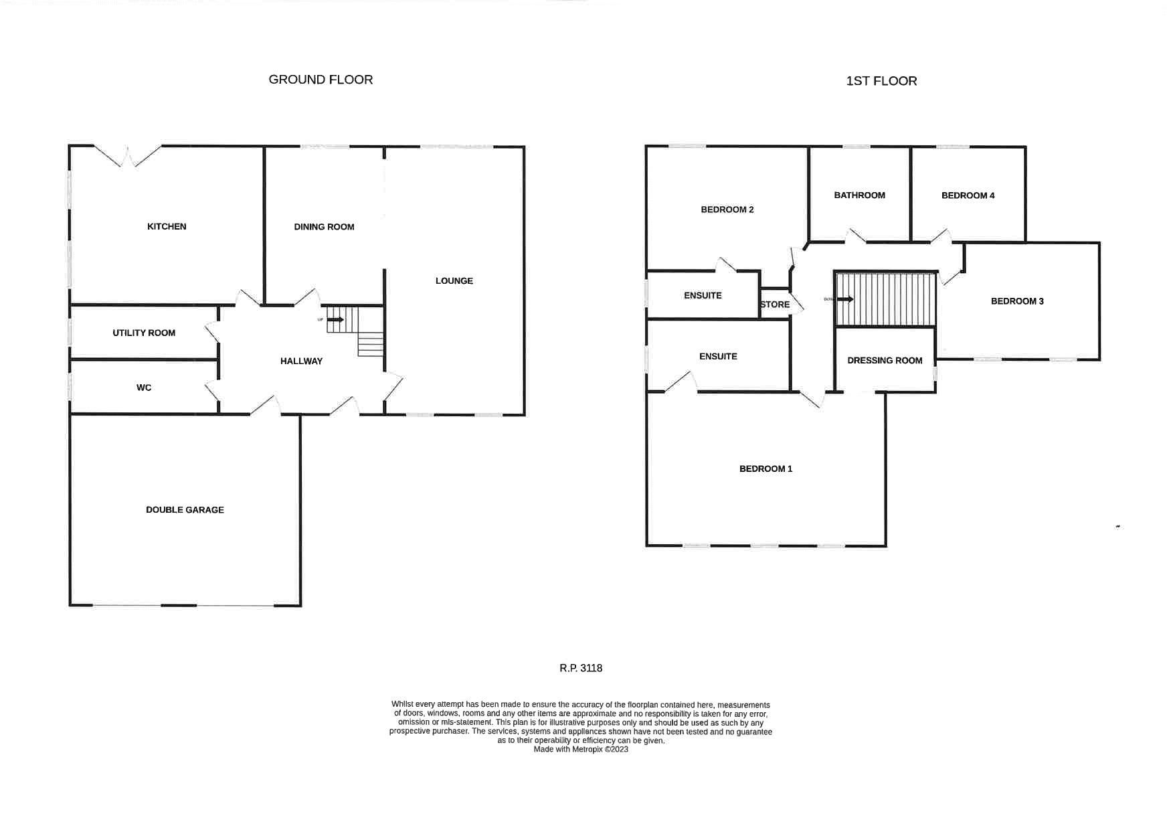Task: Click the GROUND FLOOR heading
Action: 321,80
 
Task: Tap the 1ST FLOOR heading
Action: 881,81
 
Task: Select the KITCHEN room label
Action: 167,227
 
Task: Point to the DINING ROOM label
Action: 324,227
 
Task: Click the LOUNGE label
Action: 454,281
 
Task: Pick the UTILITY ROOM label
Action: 144,333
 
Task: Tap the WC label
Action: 144,388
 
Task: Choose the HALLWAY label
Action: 301,361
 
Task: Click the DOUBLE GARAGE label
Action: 185,510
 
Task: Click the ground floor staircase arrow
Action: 335,319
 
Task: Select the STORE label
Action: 775,305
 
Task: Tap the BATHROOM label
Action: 859,195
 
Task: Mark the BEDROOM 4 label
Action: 968,195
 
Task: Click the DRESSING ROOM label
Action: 885,361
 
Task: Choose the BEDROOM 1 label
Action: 765,469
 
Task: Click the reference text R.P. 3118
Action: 581,668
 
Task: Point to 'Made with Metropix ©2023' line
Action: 581,750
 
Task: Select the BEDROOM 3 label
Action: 1017,301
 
